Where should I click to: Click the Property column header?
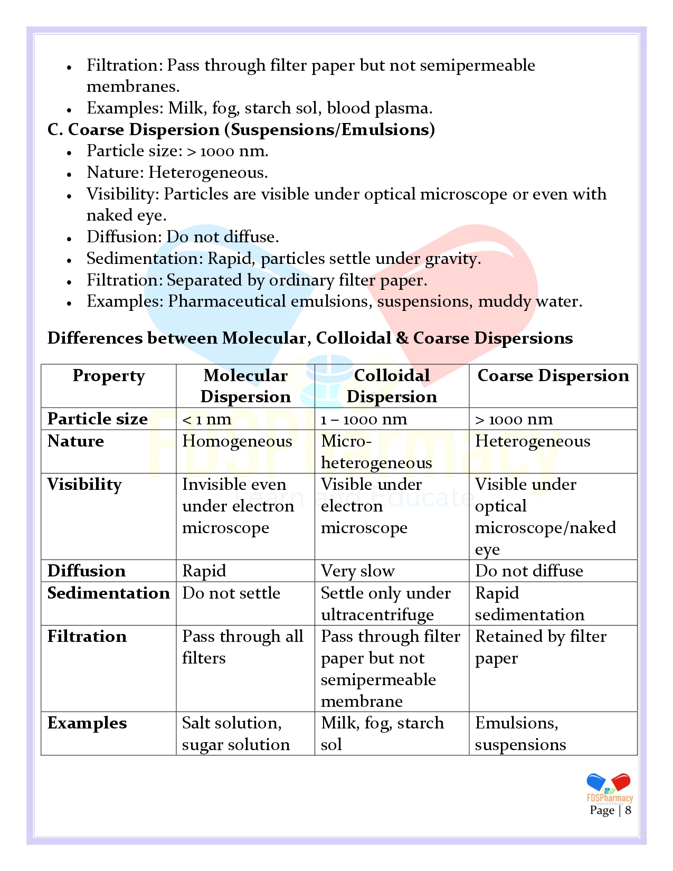click(108, 375)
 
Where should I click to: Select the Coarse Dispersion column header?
click(553, 375)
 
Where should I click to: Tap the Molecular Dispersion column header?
click(245, 386)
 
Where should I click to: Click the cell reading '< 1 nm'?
click(206, 420)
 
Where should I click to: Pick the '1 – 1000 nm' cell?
click(364, 420)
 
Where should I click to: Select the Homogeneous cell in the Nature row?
click(237, 441)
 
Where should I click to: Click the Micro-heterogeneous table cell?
click(376, 452)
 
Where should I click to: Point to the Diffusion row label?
click(87, 571)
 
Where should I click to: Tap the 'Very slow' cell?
click(357, 571)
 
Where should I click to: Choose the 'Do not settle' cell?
click(231, 593)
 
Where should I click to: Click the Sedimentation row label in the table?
click(108, 593)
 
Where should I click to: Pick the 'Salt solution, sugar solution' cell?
click(235, 734)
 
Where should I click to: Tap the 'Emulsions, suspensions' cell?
click(520, 734)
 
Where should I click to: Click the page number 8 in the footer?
click(628, 810)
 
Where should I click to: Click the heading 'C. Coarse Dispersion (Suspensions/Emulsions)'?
click(241, 129)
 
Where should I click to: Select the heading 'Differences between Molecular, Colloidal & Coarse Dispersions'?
click(310, 338)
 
